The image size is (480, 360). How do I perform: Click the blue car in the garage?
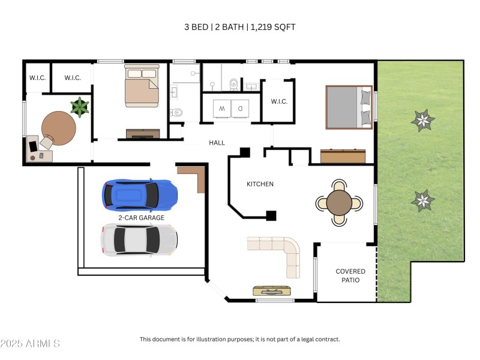[x=140, y=194]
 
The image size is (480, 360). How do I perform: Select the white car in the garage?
[x=139, y=239]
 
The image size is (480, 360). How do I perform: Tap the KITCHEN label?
[x=260, y=184]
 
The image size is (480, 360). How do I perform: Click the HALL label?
[x=217, y=143]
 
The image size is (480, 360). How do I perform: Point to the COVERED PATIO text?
[x=350, y=275]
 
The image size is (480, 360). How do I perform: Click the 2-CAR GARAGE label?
[x=141, y=218]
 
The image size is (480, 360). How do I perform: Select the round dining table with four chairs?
[x=340, y=203]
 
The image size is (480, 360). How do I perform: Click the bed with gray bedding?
[x=349, y=107]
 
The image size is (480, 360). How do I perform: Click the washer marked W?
[x=222, y=109]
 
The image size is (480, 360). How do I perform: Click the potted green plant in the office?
[x=79, y=107]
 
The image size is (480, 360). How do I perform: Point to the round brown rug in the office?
[x=59, y=127]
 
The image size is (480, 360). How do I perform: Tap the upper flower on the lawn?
[x=423, y=121]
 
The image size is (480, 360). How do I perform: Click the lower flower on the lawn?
[x=423, y=200]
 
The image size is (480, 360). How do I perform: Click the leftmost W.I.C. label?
[x=38, y=78]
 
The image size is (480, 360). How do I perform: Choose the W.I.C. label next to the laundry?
[x=279, y=101]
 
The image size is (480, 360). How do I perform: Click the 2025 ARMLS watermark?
[x=30, y=344]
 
